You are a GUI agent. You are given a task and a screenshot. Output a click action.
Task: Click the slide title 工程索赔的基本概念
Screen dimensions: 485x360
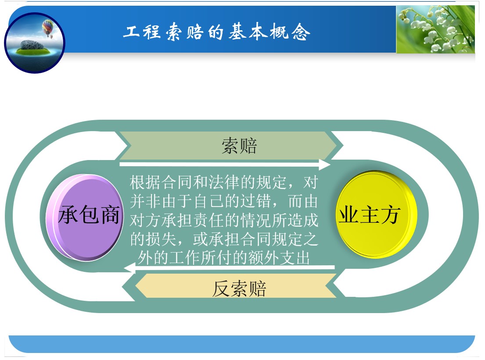(216, 32)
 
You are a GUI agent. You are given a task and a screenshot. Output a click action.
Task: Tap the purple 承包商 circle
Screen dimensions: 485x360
(84, 217)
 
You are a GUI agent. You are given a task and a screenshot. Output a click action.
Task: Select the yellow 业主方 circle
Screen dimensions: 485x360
(376, 214)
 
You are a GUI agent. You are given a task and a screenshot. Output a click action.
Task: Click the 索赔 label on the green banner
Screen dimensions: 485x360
(239, 146)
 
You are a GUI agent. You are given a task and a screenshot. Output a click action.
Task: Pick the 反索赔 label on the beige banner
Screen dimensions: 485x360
(239, 289)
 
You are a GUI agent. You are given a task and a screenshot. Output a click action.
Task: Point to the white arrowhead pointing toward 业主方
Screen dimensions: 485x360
(325, 164)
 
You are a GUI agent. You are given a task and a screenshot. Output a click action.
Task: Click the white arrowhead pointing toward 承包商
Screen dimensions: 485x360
(129, 267)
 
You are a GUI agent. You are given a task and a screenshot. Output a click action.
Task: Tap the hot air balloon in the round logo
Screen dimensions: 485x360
(48, 28)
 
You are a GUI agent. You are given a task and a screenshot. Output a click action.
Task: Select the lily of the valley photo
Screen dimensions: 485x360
(435, 29)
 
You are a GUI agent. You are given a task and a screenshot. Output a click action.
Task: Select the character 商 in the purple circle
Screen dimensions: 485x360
(109, 215)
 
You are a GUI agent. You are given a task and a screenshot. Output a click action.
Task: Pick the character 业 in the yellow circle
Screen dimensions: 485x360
(349, 215)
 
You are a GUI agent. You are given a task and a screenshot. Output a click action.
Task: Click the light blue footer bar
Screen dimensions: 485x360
(242, 344)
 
